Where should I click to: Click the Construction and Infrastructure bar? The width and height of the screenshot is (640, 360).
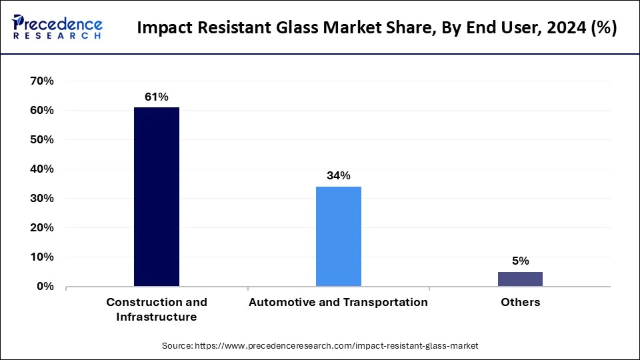coord(157,197)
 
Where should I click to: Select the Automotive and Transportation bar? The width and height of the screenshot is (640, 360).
coord(339,237)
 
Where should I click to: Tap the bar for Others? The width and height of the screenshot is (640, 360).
coord(520,279)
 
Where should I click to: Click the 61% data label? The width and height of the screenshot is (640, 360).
coord(157,97)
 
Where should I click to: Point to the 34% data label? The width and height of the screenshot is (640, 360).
coord(339,176)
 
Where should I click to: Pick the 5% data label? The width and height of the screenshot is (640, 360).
coord(520,261)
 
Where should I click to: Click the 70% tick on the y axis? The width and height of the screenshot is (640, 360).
coord(41,81)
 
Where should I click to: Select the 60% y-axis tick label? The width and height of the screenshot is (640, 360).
coord(41,111)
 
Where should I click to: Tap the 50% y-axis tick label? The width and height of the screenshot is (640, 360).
coord(41,140)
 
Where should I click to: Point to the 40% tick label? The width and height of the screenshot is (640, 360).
coord(41,169)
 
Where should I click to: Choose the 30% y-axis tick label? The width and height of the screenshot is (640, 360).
coord(41,199)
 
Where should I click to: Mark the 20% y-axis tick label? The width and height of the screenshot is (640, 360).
coord(41,228)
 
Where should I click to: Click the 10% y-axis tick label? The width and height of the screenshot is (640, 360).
coord(41,257)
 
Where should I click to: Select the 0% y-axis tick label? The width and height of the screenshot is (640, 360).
coord(45,287)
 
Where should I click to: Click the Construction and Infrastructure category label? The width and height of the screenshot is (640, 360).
coord(157,309)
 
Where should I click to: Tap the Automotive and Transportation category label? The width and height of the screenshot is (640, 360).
coord(339,302)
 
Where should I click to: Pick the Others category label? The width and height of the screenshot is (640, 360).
coord(520,302)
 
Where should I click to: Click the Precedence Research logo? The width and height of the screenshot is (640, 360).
coord(57,27)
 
